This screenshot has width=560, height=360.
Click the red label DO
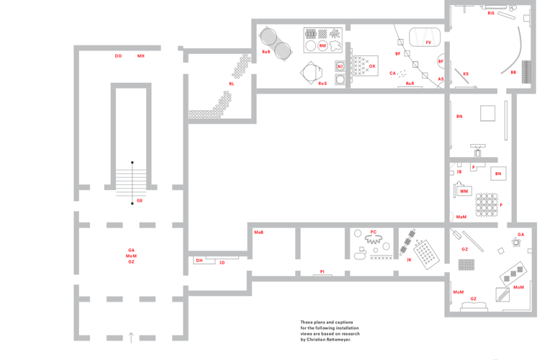tap(118, 55)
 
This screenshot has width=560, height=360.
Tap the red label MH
tap(141, 55)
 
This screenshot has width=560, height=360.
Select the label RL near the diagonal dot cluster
tap(231, 84)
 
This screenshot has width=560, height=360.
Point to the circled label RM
tap(322, 46)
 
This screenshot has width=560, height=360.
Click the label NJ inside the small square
tap(340, 66)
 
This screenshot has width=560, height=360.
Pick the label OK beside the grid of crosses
tap(372, 66)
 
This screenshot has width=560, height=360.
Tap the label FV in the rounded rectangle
tap(428, 42)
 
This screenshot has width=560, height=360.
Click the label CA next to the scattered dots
tap(393, 73)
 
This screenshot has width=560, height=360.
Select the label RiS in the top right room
tap(491, 13)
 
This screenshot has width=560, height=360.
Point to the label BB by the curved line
tap(513, 72)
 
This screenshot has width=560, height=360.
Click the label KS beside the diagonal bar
tap(466, 73)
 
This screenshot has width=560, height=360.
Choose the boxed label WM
tap(464, 192)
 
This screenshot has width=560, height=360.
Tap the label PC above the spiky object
tap(373, 232)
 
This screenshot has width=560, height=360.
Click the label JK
tap(409, 259)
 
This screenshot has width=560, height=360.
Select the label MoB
tap(258, 232)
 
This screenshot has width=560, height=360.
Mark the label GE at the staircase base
tap(140, 201)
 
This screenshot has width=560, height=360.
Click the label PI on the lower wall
tap(322, 271)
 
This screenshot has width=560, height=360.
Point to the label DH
tap(199, 261)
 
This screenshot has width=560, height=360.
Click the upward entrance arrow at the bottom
tap(131, 336)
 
